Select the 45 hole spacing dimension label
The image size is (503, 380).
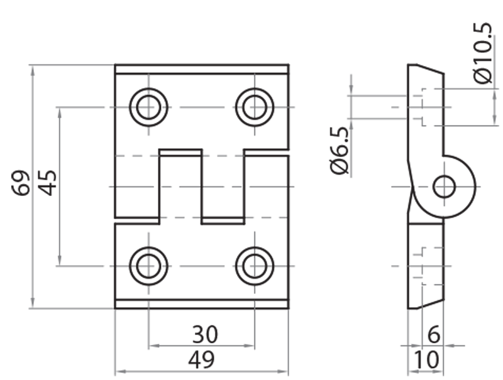pos(48,183)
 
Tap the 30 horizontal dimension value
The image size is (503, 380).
pos(202,333)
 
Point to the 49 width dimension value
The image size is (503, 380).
pos(202,360)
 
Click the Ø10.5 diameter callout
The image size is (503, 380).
pos(483,53)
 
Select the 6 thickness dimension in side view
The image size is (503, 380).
pos(433,335)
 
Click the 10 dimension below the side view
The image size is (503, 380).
pos(426,361)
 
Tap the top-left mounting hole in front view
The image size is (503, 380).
pos(148,107)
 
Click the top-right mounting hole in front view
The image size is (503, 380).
pos(255,107)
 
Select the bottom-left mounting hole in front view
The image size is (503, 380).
pos(148,266)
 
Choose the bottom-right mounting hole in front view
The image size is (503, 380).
pos(255,266)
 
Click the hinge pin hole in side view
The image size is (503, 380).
pos(445,187)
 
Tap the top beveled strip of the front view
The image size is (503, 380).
pos(202,69)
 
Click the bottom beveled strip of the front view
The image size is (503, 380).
pos(202,304)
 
